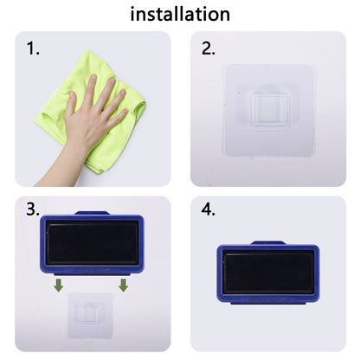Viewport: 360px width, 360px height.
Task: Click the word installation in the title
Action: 180,15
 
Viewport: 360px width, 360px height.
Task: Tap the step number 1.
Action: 33,48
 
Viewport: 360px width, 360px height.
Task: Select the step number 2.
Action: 208,48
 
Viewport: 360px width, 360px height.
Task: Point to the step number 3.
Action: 33,209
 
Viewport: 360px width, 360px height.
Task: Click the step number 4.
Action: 208,209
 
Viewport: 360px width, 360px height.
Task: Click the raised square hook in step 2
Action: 269,111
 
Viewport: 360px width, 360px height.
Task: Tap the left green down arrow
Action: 59,285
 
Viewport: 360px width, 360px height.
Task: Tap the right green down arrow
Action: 124,285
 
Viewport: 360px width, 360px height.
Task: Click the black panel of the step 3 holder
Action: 92,242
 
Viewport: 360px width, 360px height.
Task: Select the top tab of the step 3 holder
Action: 92,213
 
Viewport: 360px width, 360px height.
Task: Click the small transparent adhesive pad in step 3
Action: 90,316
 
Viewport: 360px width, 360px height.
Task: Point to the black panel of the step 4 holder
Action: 268,272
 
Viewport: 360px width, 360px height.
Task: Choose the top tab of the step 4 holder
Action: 268,243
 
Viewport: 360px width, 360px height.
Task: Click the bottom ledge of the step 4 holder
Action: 268,303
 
